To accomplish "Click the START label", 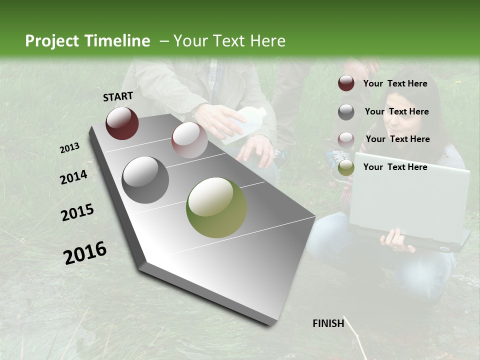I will tap(118, 96).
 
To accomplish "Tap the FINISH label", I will tap(328, 323).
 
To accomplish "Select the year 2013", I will tap(69, 148).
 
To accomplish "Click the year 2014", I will tap(74, 177).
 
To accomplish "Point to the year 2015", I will tap(77, 212).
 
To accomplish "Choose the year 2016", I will tap(85, 252).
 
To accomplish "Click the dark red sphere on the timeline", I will tap(122, 123).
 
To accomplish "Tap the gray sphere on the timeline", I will tap(145, 179).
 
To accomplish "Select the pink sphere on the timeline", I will tap(189, 139).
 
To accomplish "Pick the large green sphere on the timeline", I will tap(216, 207).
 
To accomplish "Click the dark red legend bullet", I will tap(346, 83).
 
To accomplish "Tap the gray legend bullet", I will tap(346, 112).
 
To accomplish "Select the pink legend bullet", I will tap(346, 139).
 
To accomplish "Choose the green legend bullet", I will tap(346, 167).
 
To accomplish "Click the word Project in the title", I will tap(52, 41).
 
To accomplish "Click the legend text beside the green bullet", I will tap(395, 167).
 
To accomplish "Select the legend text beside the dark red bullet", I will tap(395, 83).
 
